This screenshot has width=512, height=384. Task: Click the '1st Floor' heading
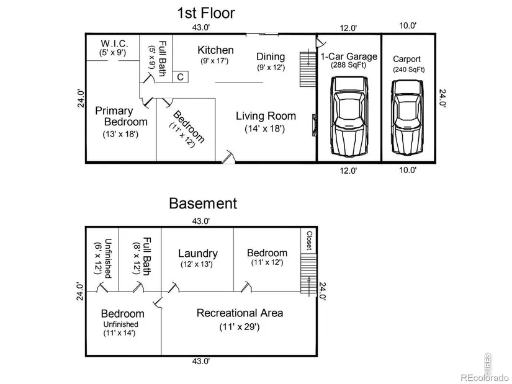(x=206, y=12)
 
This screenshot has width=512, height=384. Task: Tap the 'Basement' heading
(x=203, y=203)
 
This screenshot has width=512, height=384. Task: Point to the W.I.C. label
(x=114, y=43)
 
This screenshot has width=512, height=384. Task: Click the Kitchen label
(x=215, y=50)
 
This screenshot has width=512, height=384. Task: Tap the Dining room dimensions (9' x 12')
(x=271, y=67)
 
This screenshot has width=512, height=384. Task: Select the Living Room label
(x=266, y=116)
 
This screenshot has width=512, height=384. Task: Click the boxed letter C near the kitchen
(x=179, y=77)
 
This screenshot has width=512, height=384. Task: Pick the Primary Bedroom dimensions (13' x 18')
(x=120, y=133)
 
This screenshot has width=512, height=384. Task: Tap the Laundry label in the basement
(x=197, y=253)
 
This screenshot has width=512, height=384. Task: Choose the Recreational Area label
(x=240, y=313)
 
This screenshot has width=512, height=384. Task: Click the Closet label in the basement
(x=308, y=241)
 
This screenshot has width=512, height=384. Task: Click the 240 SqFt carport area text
(x=408, y=69)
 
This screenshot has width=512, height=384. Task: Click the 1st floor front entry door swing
(x=228, y=155)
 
